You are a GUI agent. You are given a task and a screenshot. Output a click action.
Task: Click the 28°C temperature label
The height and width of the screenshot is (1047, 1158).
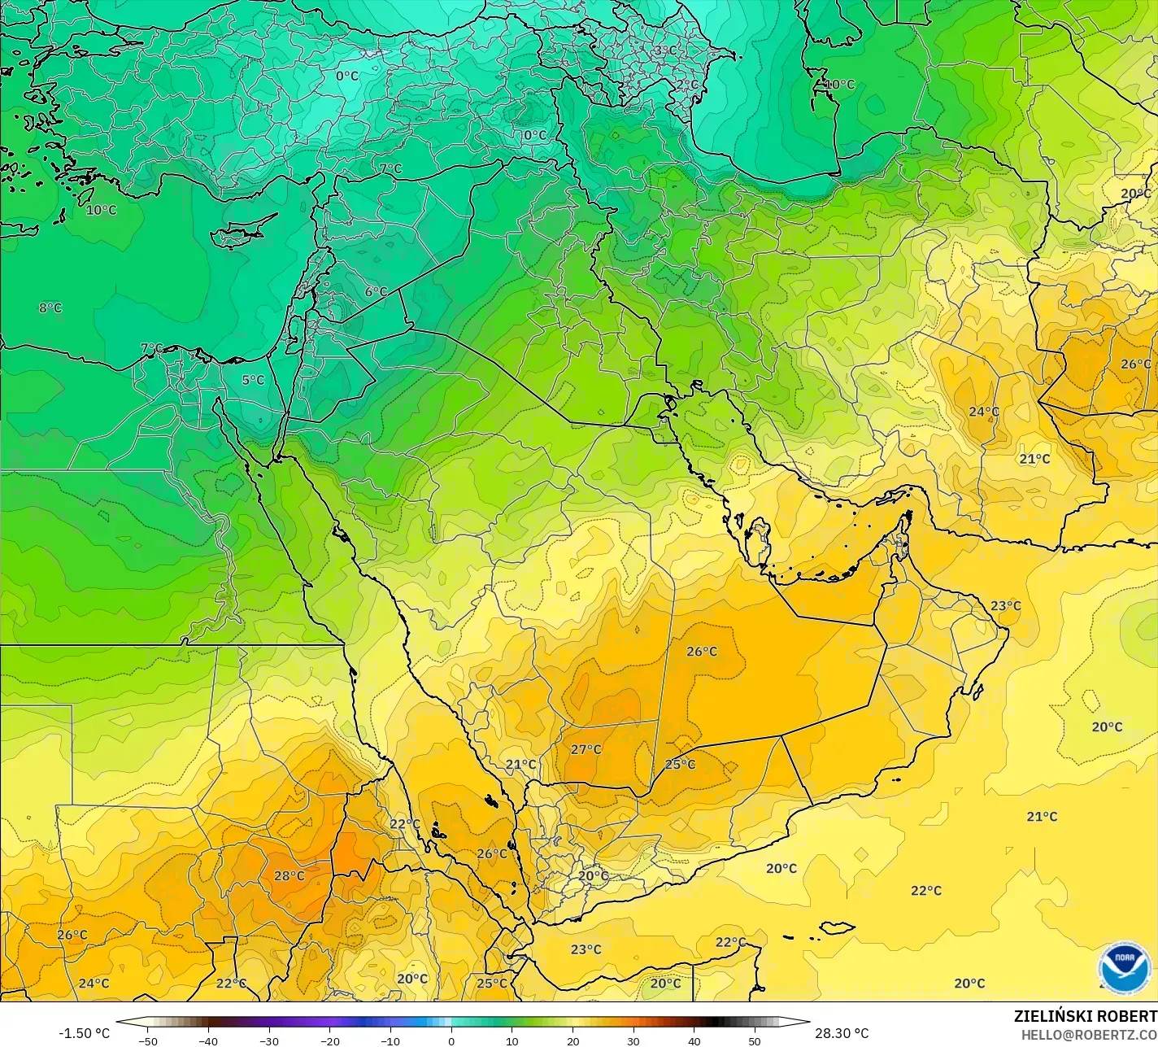pos(289,876)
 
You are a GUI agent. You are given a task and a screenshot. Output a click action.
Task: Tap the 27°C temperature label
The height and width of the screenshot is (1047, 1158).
pos(586,749)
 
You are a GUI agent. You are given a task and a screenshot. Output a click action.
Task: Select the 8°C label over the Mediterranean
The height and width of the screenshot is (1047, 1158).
pos(50,308)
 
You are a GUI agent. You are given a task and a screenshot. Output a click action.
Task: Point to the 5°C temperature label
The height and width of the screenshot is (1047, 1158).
pos(253,380)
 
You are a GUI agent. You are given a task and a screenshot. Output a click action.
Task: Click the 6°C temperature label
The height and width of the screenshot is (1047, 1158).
pos(376,291)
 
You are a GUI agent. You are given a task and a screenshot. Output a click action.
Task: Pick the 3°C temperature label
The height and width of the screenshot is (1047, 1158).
pos(665,50)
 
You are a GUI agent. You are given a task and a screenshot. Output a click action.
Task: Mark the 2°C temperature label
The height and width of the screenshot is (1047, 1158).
pos(687,84)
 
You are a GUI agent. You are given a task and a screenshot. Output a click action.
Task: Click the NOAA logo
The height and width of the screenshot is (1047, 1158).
pos(1124,968)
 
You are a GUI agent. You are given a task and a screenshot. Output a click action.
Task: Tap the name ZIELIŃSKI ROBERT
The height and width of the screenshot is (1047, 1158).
pos(1085,1017)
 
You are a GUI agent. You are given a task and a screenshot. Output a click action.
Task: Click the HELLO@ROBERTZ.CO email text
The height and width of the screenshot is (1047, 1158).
pos(1089,1035)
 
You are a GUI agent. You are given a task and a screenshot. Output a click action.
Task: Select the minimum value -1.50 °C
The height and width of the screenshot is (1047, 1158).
pos(84,1033)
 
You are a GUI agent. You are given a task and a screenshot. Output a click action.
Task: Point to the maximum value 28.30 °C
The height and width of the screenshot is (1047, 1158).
pos(842,1033)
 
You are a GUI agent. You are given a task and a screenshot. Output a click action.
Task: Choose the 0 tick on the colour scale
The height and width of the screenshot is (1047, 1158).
pos(451,1041)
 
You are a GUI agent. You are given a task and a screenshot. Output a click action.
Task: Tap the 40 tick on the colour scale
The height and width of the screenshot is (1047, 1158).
pos(694,1041)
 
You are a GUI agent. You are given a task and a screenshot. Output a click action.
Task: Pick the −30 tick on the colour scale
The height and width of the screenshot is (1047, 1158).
pos(269,1041)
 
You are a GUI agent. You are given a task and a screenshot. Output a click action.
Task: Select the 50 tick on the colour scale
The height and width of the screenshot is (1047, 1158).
pos(755,1041)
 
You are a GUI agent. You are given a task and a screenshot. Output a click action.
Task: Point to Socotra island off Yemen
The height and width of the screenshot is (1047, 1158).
pos(836,927)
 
